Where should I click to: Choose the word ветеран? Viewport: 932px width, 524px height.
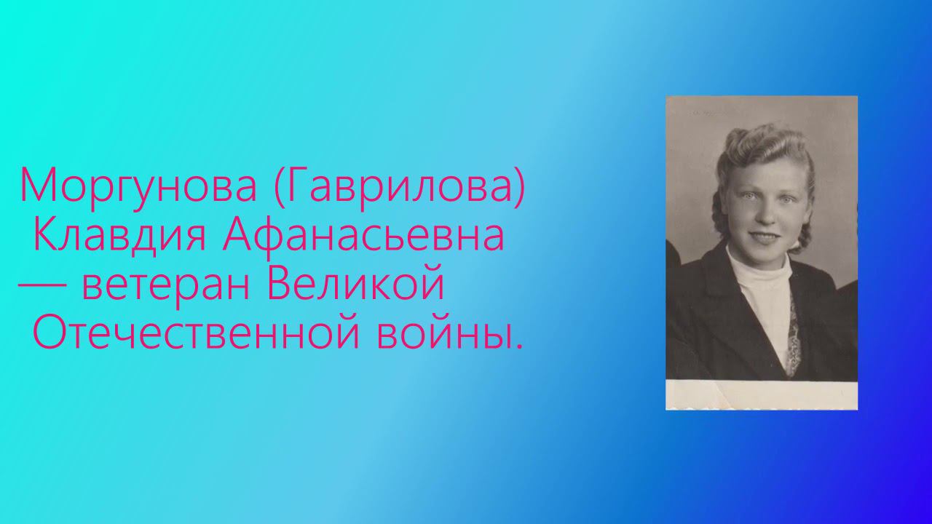coord(168,285)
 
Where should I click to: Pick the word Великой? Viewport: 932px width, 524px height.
coord(356,285)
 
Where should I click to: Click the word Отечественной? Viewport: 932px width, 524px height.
coord(193,334)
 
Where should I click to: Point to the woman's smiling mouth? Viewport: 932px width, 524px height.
coord(765,238)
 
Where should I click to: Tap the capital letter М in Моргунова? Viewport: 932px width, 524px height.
coord(36,186)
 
